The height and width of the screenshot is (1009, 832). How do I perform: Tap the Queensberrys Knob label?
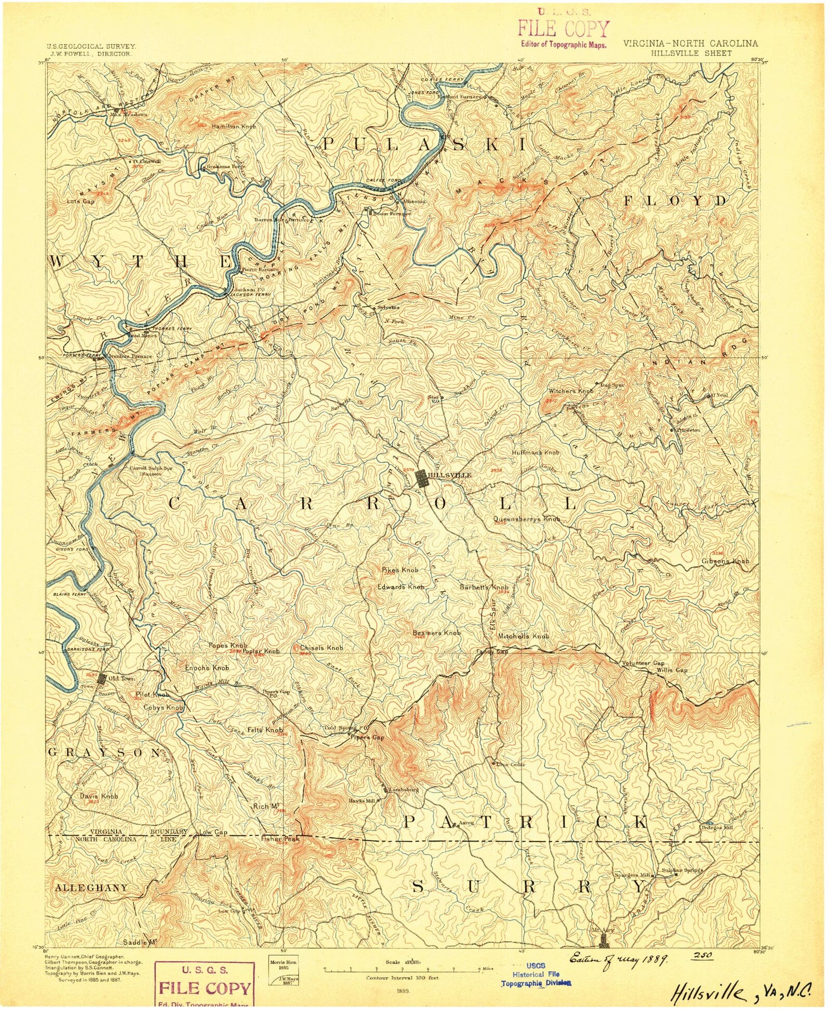(x=527, y=519)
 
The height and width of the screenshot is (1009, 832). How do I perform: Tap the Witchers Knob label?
(x=571, y=391)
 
